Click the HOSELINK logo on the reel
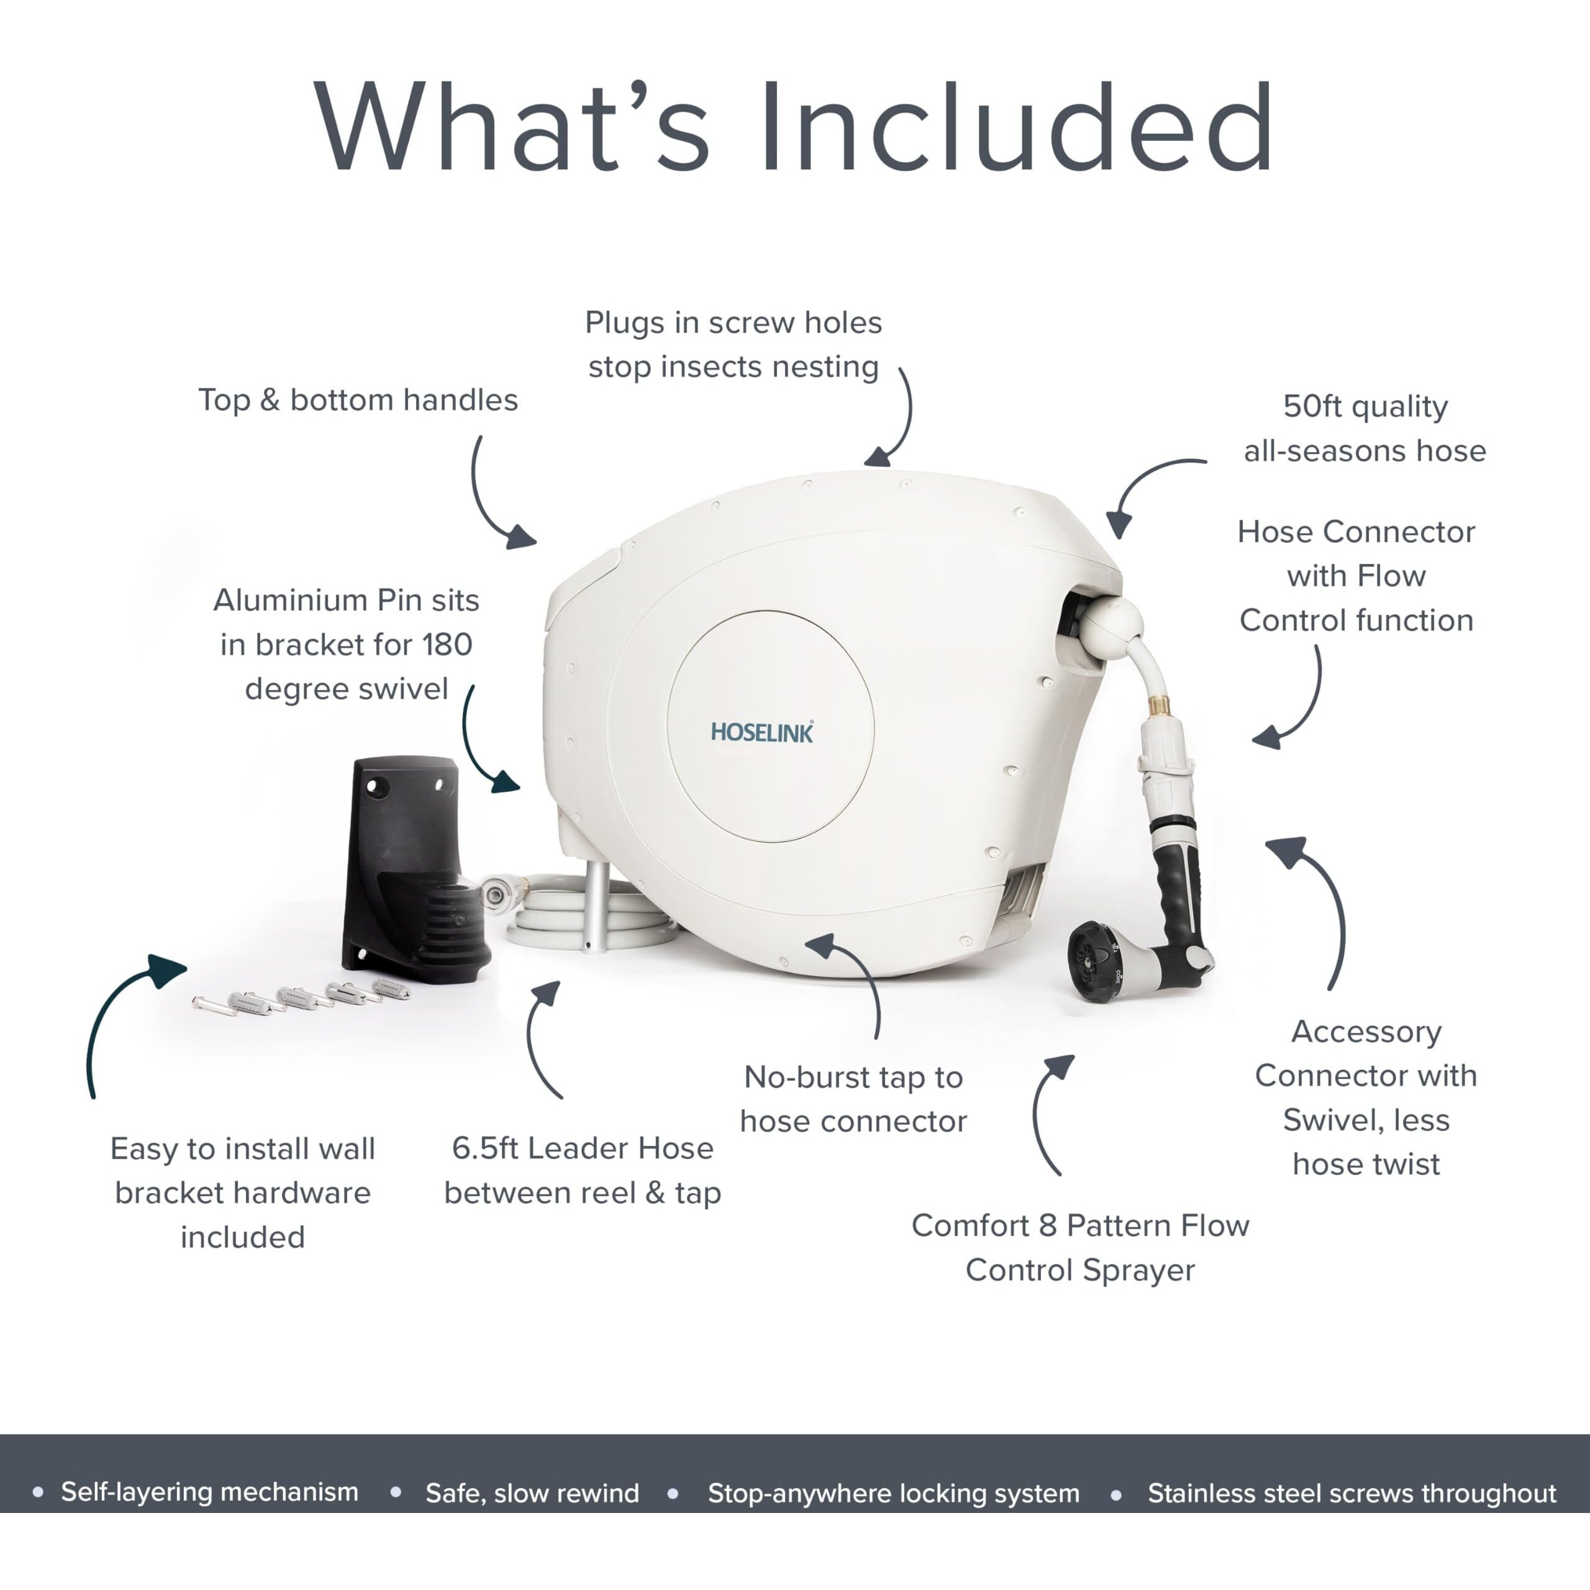point(762,732)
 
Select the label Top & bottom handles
point(358,400)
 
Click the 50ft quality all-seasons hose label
point(1365,428)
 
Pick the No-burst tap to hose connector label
point(853,1099)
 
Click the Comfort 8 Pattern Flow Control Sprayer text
point(1079,1248)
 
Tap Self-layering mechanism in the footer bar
point(210,1492)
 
